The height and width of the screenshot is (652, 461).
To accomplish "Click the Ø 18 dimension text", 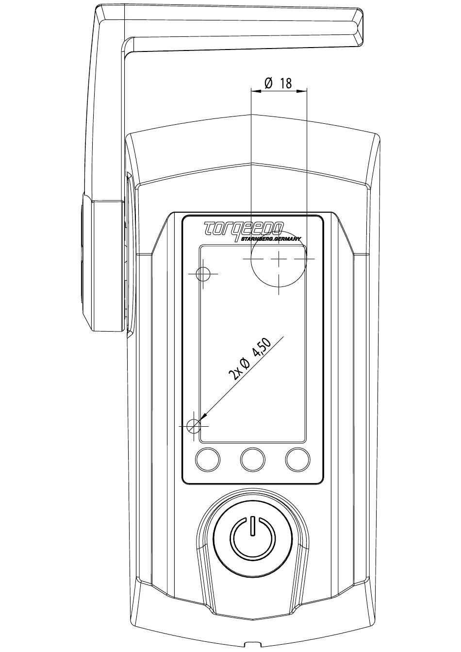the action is [278, 84].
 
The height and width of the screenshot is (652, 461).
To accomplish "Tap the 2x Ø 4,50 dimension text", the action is [250, 359].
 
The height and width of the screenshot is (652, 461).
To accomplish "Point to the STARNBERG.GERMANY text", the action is [271, 239].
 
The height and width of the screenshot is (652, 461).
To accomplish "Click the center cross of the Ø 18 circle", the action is [279, 258].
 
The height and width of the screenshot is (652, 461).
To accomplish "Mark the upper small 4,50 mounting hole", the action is [203, 274].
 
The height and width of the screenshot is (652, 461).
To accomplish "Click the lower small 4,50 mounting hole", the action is [194, 426].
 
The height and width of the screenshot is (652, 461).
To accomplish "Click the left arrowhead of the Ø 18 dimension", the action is [255, 91].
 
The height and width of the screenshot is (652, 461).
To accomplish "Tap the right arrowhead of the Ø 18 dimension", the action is [302, 91].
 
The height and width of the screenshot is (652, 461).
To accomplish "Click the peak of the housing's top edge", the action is [252, 116].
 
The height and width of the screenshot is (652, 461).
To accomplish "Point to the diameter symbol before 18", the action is [268, 84].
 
